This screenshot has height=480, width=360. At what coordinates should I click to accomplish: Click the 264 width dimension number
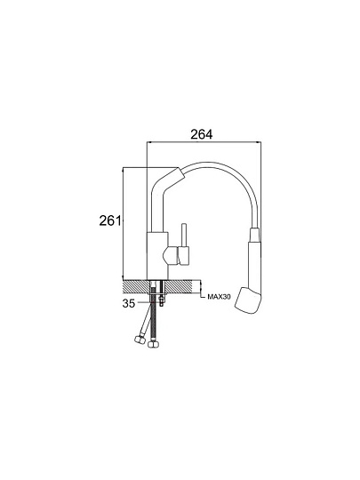[201, 134]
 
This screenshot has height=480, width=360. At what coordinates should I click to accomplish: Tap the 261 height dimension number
[110, 220]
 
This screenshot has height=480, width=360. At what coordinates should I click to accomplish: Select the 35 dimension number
[129, 303]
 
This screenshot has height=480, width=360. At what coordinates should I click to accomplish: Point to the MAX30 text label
[219, 297]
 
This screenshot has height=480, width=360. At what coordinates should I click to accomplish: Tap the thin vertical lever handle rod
[184, 235]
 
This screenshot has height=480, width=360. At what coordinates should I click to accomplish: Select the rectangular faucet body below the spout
[157, 256]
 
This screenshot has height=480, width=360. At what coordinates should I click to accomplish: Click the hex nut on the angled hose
[140, 340]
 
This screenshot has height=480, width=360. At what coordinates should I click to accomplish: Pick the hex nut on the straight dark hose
[153, 344]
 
